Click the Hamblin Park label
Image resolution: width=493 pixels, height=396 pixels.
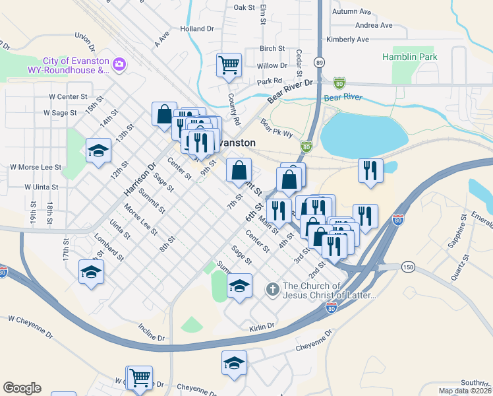409,57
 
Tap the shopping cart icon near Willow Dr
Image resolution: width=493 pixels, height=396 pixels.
229,65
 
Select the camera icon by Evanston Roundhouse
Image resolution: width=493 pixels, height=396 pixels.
120,64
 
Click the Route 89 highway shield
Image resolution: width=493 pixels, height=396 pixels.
319,62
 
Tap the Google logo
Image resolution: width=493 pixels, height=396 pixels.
22,388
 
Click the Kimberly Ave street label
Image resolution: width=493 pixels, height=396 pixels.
347,40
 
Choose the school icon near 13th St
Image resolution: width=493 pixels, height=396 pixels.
98,151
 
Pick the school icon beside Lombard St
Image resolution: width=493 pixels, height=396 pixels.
91,271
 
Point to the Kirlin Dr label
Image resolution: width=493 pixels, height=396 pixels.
262,327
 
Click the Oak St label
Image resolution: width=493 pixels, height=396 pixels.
244,7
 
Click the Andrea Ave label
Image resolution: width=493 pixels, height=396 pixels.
374,26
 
